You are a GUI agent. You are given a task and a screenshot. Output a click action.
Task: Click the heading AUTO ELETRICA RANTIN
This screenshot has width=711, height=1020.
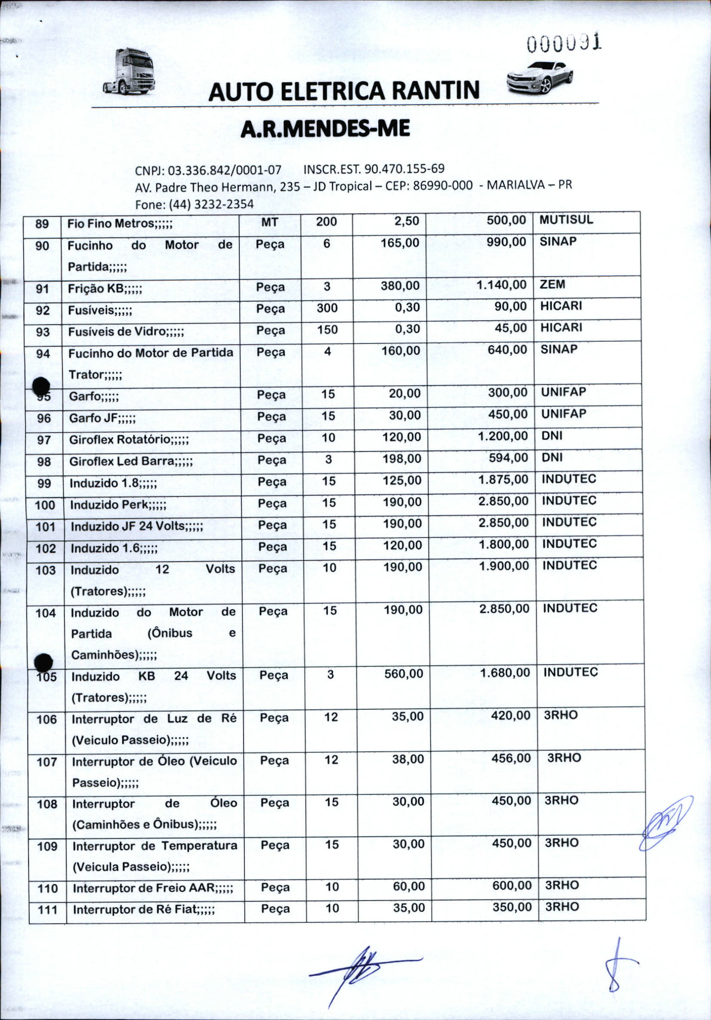click(344, 91)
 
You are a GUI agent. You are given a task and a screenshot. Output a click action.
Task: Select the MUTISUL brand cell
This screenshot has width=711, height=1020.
click(566, 220)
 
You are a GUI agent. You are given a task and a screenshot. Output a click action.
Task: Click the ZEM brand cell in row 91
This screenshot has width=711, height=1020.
click(552, 284)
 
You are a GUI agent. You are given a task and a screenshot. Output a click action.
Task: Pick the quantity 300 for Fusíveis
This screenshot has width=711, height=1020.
click(327, 308)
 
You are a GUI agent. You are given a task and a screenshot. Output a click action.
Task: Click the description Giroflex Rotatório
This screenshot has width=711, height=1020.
click(129, 440)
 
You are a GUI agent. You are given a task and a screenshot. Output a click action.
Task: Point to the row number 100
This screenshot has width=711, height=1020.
click(45, 505)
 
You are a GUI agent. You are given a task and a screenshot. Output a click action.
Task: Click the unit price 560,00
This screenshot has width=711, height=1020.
click(404, 674)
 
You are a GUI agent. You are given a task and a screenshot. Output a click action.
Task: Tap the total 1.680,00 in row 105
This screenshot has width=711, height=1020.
click(505, 673)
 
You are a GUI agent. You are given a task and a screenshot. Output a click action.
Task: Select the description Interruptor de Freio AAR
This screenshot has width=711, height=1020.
click(152, 888)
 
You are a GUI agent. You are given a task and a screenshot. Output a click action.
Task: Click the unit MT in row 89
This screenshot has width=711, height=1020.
click(270, 222)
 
